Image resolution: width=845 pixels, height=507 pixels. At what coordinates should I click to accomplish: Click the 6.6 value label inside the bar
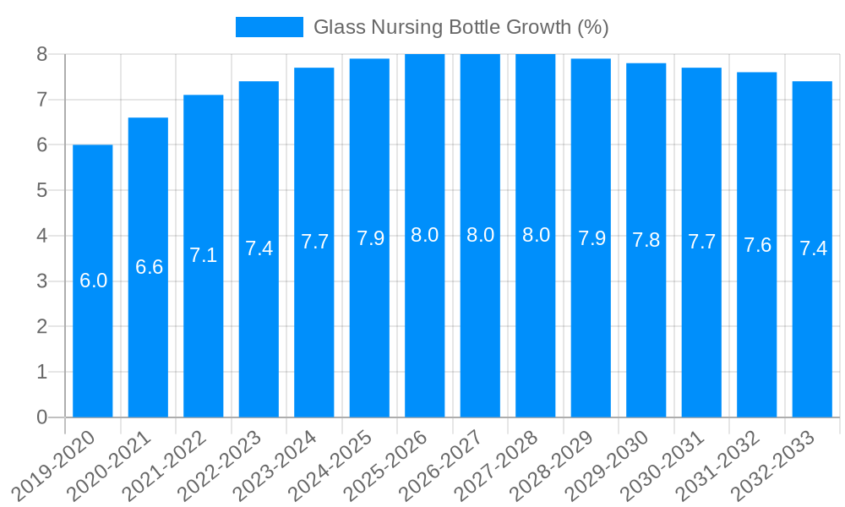click(x=149, y=267)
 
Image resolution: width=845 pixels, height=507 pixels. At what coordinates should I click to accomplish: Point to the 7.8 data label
click(x=646, y=239)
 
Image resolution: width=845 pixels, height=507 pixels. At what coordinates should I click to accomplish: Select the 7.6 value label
click(x=757, y=245)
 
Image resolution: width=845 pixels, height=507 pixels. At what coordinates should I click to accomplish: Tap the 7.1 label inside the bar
click(x=204, y=255)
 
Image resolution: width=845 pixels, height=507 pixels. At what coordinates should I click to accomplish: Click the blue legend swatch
click(x=269, y=27)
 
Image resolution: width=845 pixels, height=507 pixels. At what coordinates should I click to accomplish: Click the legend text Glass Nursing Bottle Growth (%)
click(x=461, y=27)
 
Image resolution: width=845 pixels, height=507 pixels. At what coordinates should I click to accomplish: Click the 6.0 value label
click(x=93, y=281)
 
